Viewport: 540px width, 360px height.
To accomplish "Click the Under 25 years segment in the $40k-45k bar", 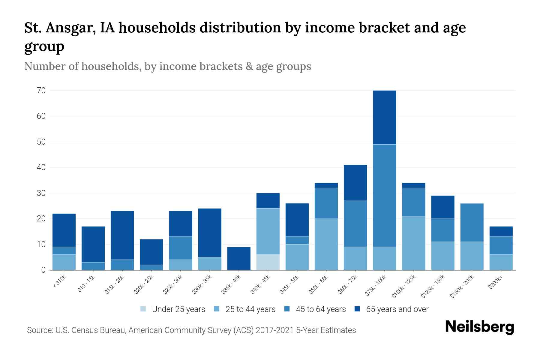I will tap(268, 262).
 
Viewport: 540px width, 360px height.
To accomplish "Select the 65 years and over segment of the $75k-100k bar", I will tap(384, 117).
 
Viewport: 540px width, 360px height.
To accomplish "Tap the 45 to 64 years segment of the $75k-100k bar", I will tap(384, 196).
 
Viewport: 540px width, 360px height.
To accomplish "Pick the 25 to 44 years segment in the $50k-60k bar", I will tap(326, 244).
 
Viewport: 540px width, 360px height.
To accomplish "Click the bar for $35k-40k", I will tap(239, 258).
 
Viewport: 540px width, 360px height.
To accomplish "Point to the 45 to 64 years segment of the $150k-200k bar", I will tap(472, 222).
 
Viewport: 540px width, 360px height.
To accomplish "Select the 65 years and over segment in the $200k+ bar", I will tap(501, 231).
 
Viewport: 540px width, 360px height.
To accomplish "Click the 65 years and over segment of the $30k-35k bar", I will tap(210, 232).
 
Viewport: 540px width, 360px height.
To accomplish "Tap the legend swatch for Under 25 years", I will tap(143, 309).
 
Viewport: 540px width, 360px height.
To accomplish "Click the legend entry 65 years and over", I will tap(397, 309).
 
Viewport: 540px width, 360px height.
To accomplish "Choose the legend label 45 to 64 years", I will tap(320, 309).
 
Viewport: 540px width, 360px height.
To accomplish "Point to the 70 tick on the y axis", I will tap(41, 90).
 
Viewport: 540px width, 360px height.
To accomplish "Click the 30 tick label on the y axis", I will tap(41, 193).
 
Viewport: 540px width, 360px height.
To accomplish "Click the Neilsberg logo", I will tap(479, 327).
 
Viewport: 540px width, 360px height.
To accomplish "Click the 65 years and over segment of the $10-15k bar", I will tap(93, 244).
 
